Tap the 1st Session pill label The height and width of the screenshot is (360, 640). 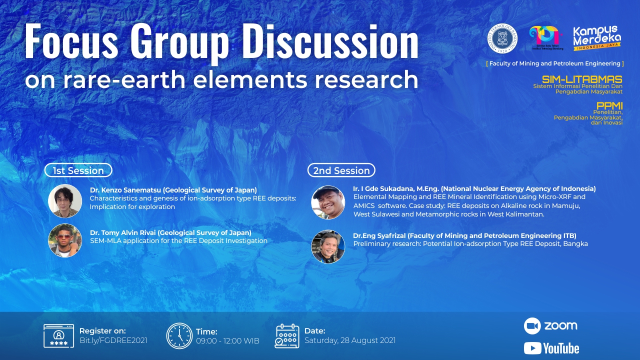(x=78, y=170)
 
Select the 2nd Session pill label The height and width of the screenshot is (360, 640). (x=341, y=170)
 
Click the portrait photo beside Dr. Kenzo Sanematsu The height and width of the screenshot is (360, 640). (x=65, y=201)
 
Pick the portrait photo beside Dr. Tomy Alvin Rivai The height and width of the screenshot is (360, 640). (x=65, y=240)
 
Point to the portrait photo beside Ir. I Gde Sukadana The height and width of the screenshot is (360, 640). (x=328, y=202)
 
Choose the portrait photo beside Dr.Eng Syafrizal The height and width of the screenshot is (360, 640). (x=328, y=246)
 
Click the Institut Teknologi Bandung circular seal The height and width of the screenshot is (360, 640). (x=502, y=38)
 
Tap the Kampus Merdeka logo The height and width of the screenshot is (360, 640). (x=597, y=38)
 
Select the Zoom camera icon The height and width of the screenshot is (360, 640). (x=532, y=325)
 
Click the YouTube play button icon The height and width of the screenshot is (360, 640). (x=532, y=348)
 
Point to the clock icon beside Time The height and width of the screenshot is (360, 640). (x=179, y=336)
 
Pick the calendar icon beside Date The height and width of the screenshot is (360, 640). (x=287, y=336)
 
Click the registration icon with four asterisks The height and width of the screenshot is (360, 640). (x=58, y=336)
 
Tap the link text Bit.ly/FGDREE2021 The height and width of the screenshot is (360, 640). (x=113, y=340)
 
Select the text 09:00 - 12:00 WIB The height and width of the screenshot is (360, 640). (x=227, y=341)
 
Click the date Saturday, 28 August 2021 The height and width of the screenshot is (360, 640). (x=350, y=340)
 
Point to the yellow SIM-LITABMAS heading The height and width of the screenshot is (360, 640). (x=582, y=79)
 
